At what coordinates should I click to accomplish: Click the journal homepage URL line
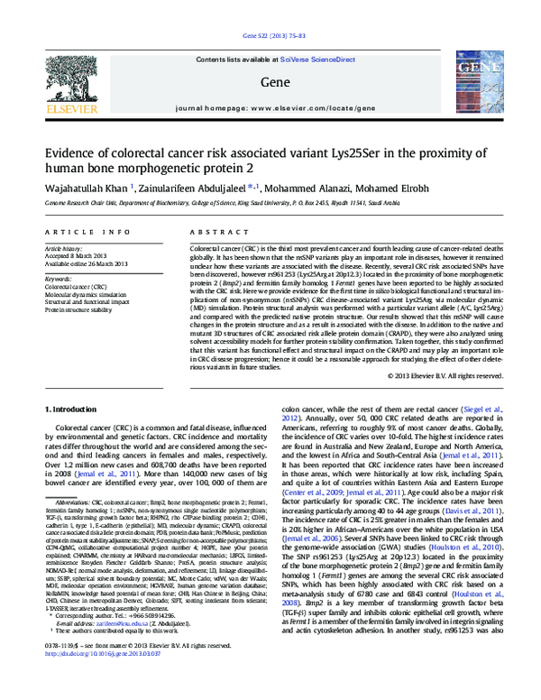click(x=270, y=107)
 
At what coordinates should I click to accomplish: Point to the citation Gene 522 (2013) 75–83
click(x=270, y=36)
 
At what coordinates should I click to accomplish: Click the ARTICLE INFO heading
click(x=76, y=232)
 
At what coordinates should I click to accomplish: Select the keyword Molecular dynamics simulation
click(x=94, y=294)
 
